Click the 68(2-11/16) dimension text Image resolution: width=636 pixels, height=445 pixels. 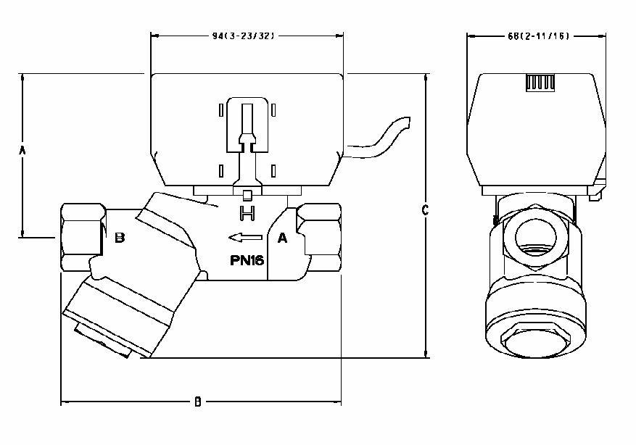click(x=537, y=36)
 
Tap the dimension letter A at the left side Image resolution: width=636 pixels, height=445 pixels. click(x=22, y=150)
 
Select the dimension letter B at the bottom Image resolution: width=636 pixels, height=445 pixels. click(x=197, y=402)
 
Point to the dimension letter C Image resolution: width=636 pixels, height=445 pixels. click(x=426, y=210)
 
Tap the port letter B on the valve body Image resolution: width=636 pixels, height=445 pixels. click(x=120, y=238)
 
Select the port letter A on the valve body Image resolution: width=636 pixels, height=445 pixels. click(x=282, y=237)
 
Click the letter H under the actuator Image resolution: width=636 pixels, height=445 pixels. click(x=247, y=213)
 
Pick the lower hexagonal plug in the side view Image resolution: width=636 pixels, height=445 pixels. click(x=537, y=338)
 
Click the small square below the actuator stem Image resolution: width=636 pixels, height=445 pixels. click(x=247, y=195)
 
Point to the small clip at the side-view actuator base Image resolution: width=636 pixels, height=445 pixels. click(x=596, y=193)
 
